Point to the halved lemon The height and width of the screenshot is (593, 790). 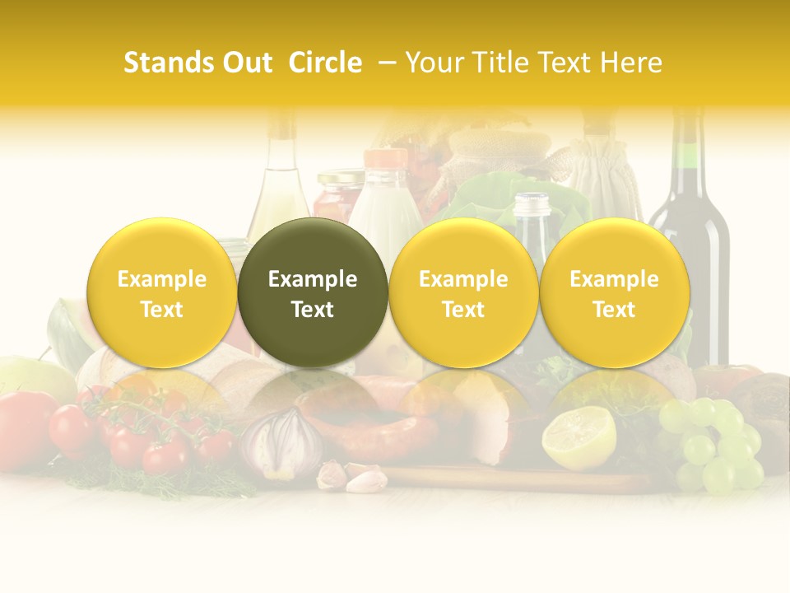[x=579, y=437]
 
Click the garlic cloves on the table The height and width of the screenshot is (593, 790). [x=354, y=476]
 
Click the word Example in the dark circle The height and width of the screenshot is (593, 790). [x=313, y=279]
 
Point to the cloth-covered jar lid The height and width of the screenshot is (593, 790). [x=486, y=152]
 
